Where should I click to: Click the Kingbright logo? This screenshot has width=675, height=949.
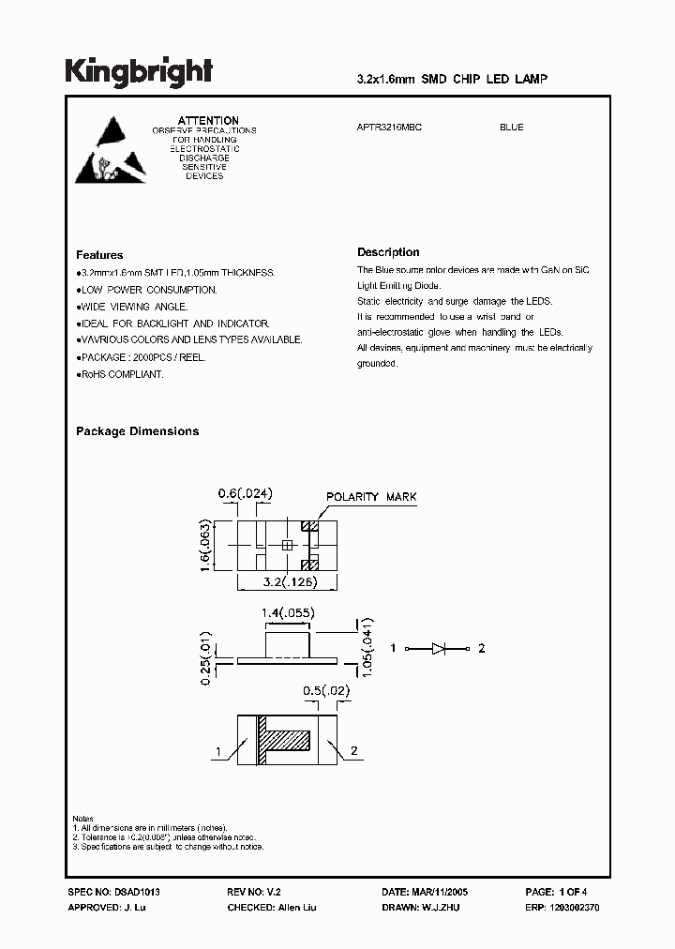(x=139, y=71)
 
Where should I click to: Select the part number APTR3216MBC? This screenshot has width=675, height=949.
(x=390, y=128)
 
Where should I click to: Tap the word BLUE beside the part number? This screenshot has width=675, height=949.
(x=511, y=128)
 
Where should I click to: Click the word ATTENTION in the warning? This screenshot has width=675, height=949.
(x=208, y=121)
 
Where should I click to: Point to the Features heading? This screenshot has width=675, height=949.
(x=99, y=255)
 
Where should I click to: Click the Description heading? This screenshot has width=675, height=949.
(x=388, y=252)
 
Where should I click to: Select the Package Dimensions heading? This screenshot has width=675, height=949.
(x=137, y=431)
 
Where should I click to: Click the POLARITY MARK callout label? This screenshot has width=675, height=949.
(x=371, y=497)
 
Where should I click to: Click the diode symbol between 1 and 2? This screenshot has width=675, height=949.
(x=440, y=648)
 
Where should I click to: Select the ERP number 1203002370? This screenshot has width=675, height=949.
(x=574, y=909)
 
